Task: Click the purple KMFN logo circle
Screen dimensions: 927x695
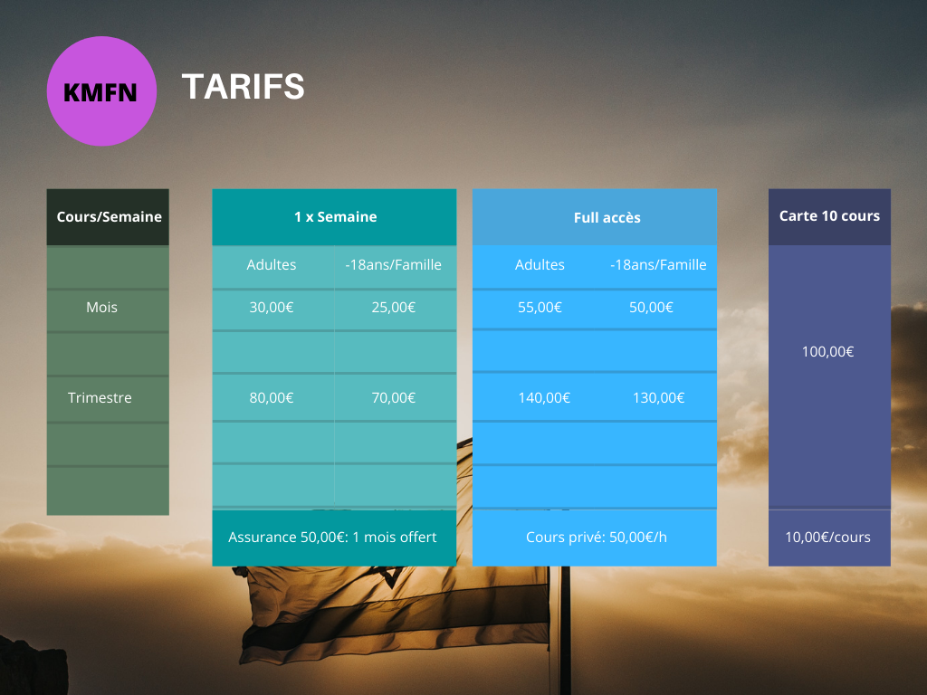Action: coord(101,91)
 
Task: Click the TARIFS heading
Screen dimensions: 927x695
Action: coord(243,87)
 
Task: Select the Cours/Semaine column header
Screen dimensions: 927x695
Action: coord(109,217)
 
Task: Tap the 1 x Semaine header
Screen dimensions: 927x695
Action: coord(335,217)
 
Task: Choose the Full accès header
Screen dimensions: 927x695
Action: coord(607,217)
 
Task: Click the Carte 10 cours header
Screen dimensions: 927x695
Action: coord(829,215)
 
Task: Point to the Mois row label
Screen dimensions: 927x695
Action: coord(101,308)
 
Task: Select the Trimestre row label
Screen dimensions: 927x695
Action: coord(100,398)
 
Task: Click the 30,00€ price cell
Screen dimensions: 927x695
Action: coord(272,308)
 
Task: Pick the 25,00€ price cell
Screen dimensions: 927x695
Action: coord(394,308)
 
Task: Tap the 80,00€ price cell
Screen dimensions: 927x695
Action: coord(272,398)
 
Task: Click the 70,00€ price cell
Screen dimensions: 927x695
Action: coord(394,398)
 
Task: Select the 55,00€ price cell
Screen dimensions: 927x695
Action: coord(540,308)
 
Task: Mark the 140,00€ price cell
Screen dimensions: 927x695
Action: coord(544,398)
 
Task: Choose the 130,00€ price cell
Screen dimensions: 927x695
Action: coord(659,398)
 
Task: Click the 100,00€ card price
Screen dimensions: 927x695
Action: coord(827,352)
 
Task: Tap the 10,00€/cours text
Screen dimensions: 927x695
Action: coord(827,538)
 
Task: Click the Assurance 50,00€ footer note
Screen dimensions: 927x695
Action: coord(333,538)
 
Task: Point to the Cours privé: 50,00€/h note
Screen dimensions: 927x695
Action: coord(597,538)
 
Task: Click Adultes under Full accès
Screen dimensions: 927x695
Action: coord(540,265)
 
